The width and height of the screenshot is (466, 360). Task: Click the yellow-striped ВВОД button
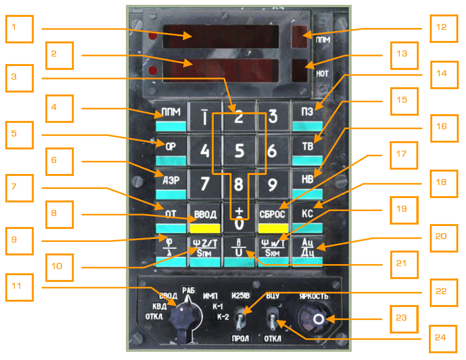click(205, 218)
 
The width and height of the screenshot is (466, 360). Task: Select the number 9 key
click(273, 185)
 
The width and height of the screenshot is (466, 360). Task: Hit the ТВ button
click(307, 151)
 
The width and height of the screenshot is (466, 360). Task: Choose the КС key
click(307, 218)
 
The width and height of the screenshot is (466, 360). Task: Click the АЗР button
click(170, 185)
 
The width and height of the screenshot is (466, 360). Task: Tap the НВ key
click(307, 185)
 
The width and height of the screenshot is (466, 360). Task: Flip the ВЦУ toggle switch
click(273, 319)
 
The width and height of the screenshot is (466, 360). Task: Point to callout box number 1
click(20, 28)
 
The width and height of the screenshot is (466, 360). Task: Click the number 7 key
click(205, 185)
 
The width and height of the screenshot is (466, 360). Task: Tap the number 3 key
click(273, 117)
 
